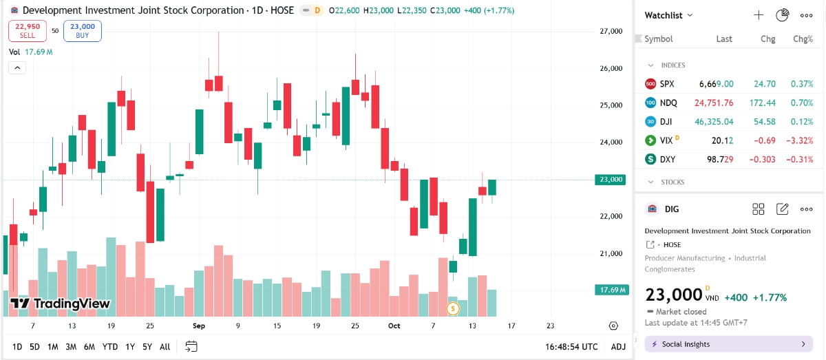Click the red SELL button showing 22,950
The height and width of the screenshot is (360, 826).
(x=28, y=31)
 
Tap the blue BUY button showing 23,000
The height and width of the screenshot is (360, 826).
(x=83, y=31)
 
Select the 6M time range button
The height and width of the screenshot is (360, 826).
(x=89, y=347)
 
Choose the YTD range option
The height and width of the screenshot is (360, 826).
(x=109, y=347)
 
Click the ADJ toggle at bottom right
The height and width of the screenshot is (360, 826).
(x=618, y=347)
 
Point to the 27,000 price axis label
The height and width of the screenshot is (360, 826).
(x=611, y=32)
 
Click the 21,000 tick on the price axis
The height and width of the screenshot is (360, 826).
(x=611, y=253)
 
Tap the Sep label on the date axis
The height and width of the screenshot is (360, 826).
(x=199, y=326)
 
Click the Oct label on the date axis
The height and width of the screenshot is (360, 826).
(x=394, y=326)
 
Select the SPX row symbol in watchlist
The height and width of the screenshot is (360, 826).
(x=667, y=84)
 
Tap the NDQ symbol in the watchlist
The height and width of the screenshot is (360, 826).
(x=668, y=103)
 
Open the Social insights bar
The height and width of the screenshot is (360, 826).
(x=728, y=344)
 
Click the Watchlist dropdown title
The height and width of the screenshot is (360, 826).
(x=668, y=15)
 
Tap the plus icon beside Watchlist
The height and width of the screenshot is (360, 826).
(x=759, y=15)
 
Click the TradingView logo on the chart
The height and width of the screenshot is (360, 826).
(x=61, y=304)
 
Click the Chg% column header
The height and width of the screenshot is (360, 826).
(x=803, y=39)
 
